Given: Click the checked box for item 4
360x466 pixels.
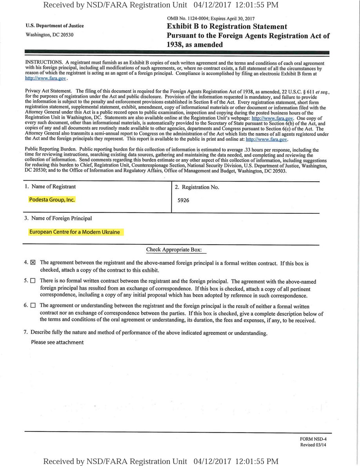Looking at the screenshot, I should click(33, 263).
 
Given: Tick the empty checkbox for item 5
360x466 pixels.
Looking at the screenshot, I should click(33, 281).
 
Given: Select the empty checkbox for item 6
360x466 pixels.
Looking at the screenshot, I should click(33, 305).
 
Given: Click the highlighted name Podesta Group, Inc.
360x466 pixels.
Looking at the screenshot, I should click(52, 200).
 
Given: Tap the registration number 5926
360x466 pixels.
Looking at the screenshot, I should click(183, 200).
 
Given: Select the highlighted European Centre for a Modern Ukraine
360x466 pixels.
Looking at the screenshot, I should click(75, 232).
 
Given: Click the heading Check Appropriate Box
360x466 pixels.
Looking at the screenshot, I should click(174, 249).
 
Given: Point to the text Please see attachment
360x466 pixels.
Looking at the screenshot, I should click(57, 342).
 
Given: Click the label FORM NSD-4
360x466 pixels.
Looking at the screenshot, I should click(313, 439).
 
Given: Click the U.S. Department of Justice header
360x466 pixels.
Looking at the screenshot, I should click(55, 26).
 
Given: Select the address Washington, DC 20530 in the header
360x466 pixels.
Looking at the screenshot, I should click(49, 35).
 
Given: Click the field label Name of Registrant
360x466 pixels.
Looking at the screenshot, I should click(53, 186).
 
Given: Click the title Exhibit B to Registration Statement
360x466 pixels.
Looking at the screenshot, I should click(227, 27).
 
